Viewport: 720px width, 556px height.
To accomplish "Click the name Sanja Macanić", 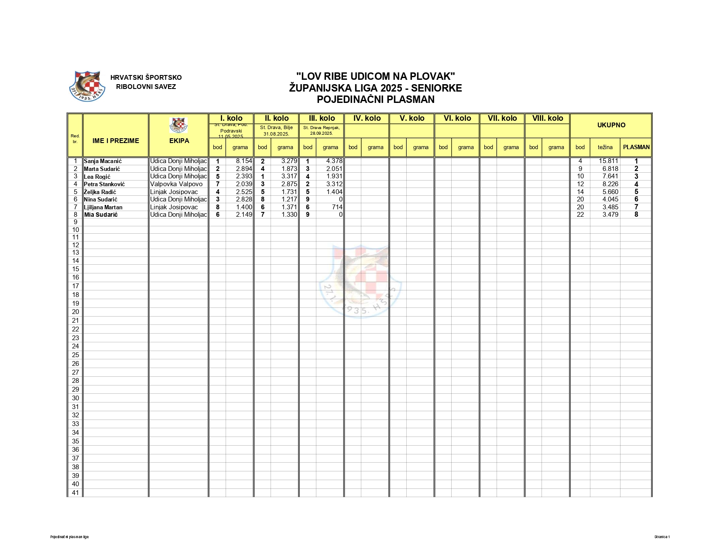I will pyautogui.click(x=103, y=161).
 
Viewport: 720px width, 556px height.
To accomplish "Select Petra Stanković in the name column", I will pyautogui.click(x=104, y=184).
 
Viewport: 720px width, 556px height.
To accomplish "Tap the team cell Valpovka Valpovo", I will pyautogui.click(x=176, y=184).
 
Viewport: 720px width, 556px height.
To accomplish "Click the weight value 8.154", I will pyautogui.click(x=244, y=161).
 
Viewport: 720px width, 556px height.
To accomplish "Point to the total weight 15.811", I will pyautogui.click(x=608, y=161).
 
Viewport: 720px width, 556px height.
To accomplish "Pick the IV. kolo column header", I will pyautogui.click(x=367, y=118).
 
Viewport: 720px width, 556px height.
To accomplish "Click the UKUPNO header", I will pyautogui.click(x=611, y=125).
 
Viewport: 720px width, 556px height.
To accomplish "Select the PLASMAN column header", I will pyautogui.click(x=636, y=147).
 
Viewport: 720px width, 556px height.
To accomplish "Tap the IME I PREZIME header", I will pyautogui.click(x=116, y=141).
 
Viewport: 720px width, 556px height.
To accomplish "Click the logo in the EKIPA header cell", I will pyautogui.click(x=178, y=125).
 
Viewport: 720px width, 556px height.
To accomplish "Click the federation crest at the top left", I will pyautogui.click(x=88, y=86).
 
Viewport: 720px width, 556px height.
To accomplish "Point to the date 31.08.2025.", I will pyautogui.click(x=276, y=134).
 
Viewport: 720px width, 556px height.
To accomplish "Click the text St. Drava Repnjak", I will pyautogui.click(x=321, y=128).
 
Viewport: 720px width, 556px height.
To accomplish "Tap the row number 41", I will pyautogui.click(x=75, y=493).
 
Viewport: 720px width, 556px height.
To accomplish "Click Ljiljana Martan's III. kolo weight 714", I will pyautogui.click(x=337, y=207).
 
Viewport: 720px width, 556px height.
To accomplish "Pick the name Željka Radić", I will pyautogui.click(x=100, y=192).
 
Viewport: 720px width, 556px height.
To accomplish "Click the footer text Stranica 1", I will pyautogui.click(x=662, y=537).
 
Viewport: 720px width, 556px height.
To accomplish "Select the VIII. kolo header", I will pyautogui.click(x=547, y=118).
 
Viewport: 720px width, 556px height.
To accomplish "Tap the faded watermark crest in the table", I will pyautogui.click(x=360, y=281).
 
